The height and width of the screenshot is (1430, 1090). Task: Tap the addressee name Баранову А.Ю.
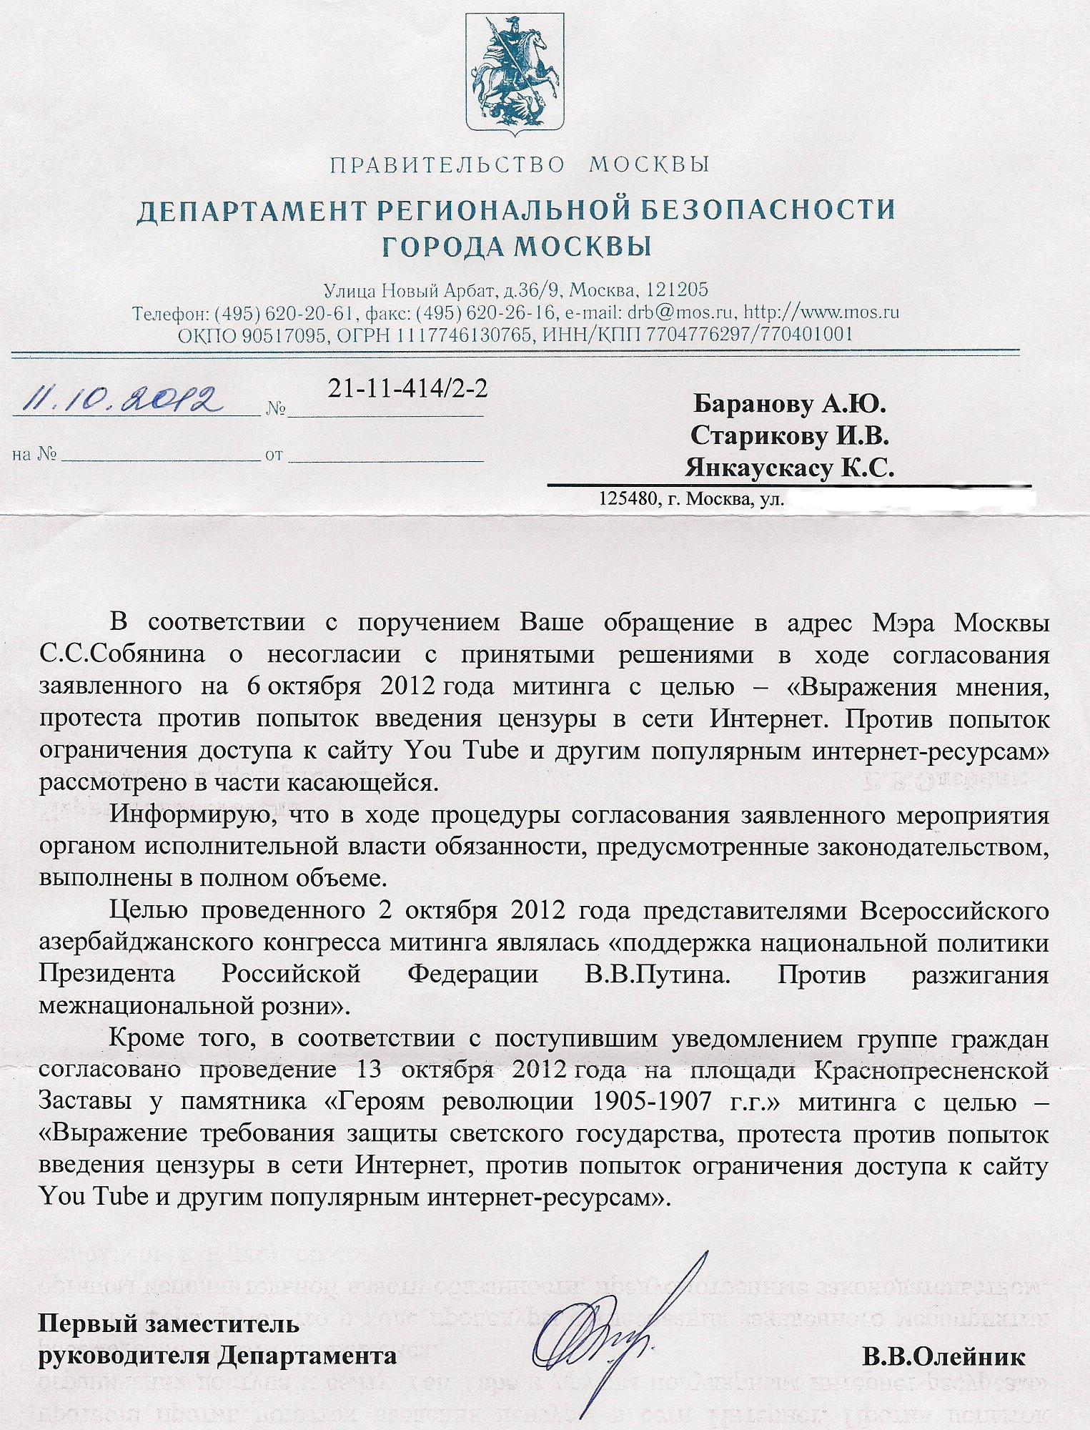coord(790,405)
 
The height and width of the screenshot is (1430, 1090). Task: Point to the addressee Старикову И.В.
coord(790,436)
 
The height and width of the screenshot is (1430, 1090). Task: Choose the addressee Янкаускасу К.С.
coord(790,468)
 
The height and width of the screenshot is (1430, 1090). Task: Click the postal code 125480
coord(628,498)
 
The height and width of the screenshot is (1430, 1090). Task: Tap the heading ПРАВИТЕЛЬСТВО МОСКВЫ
coord(520,165)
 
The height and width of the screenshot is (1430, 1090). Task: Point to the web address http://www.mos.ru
coord(821,312)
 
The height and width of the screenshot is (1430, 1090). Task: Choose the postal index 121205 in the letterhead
coord(677,290)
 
